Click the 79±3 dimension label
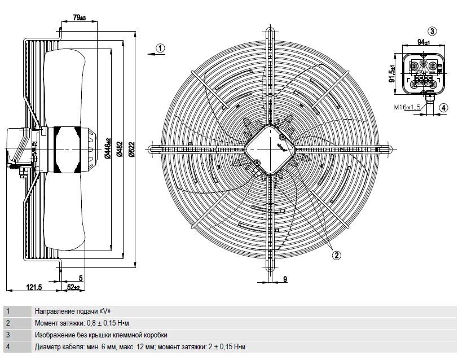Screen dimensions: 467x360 coord(79,17)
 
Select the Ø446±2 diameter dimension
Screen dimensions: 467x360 coord(108,149)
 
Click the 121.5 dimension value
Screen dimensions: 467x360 coord(34,287)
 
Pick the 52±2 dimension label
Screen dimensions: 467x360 coord(73,287)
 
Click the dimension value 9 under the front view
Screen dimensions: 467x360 coord(285,279)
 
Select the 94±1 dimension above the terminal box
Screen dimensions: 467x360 coord(424,42)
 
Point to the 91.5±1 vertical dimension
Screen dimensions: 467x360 coord(392,73)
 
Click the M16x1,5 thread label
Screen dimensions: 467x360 coord(407,107)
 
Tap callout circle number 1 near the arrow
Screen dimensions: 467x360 coord(161,48)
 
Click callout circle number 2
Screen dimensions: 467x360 coord(337,255)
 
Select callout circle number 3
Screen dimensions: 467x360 coord(432,30)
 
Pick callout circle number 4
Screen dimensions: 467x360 coord(443,108)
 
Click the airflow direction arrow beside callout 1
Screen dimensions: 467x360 coord(152,54)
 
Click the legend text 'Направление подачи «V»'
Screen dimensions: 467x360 coord(73,311)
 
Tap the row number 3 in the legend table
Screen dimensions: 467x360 coord(8,335)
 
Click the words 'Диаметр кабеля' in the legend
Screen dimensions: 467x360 coord(57,347)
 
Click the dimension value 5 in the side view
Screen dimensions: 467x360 coord(81,278)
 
